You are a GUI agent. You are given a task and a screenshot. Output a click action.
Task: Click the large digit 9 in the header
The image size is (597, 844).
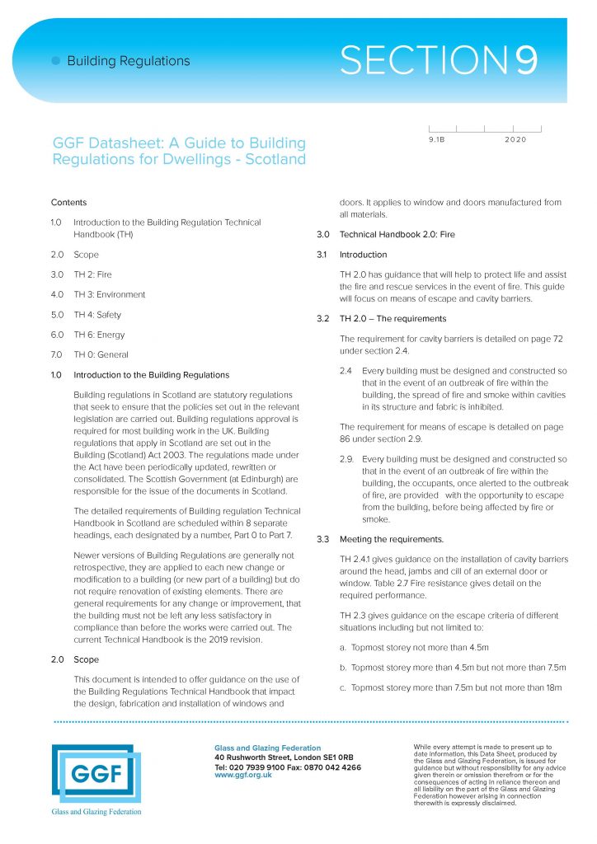[521, 61]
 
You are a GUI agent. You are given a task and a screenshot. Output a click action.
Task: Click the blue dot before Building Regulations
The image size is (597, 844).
[55, 61]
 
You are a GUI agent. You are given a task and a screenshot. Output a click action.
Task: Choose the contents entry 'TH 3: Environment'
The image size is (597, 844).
[110, 294]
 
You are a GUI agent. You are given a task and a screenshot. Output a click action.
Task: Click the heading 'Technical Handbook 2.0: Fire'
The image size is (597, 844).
[397, 235]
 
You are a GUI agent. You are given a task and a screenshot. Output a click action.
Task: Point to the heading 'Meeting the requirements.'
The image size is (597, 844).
[391, 540]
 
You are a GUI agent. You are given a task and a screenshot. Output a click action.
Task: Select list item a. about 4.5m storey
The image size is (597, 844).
[425, 648]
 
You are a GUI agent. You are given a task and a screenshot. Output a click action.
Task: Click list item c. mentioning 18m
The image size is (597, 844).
[450, 687]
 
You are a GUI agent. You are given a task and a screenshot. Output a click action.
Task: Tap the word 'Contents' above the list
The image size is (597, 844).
[68, 203]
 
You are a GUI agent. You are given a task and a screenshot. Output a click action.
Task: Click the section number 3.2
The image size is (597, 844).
[323, 318]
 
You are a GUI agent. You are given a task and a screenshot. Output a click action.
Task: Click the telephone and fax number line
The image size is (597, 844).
[287, 767]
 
